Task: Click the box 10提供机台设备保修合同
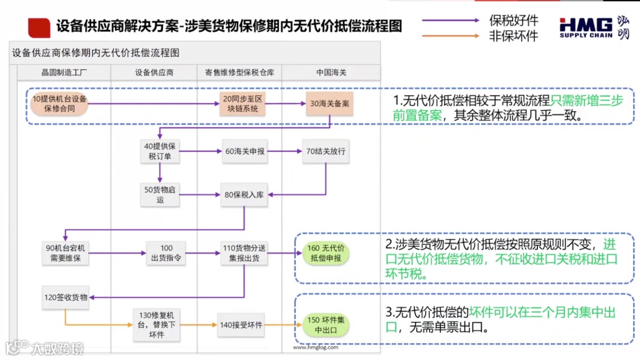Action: tap(60, 103)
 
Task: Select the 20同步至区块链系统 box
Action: tap(243, 103)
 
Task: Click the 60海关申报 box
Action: tap(243, 151)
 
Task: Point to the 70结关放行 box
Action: tap(325, 151)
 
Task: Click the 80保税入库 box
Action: tap(243, 194)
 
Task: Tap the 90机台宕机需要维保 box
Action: tap(65, 252)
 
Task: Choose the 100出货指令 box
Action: tap(166, 252)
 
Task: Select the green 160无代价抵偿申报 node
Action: tap(324, 253)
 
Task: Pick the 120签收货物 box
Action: tap(65, 297)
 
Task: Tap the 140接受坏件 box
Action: tap(241, 324)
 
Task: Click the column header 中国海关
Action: tap(331, 72)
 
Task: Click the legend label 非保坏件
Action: tap(514, 36)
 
